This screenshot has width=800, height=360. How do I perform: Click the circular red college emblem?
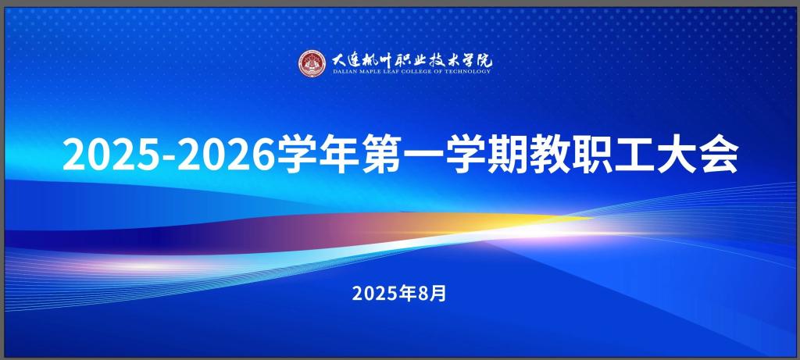click(x=311, y=63)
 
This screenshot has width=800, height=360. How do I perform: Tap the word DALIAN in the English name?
click(x=342, y=72)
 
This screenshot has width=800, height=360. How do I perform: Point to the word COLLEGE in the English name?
click(x=421, y=72)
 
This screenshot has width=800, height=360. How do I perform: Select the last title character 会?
click(x=719, y=155)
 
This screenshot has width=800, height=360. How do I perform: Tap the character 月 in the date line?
click(x=439, y=293)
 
